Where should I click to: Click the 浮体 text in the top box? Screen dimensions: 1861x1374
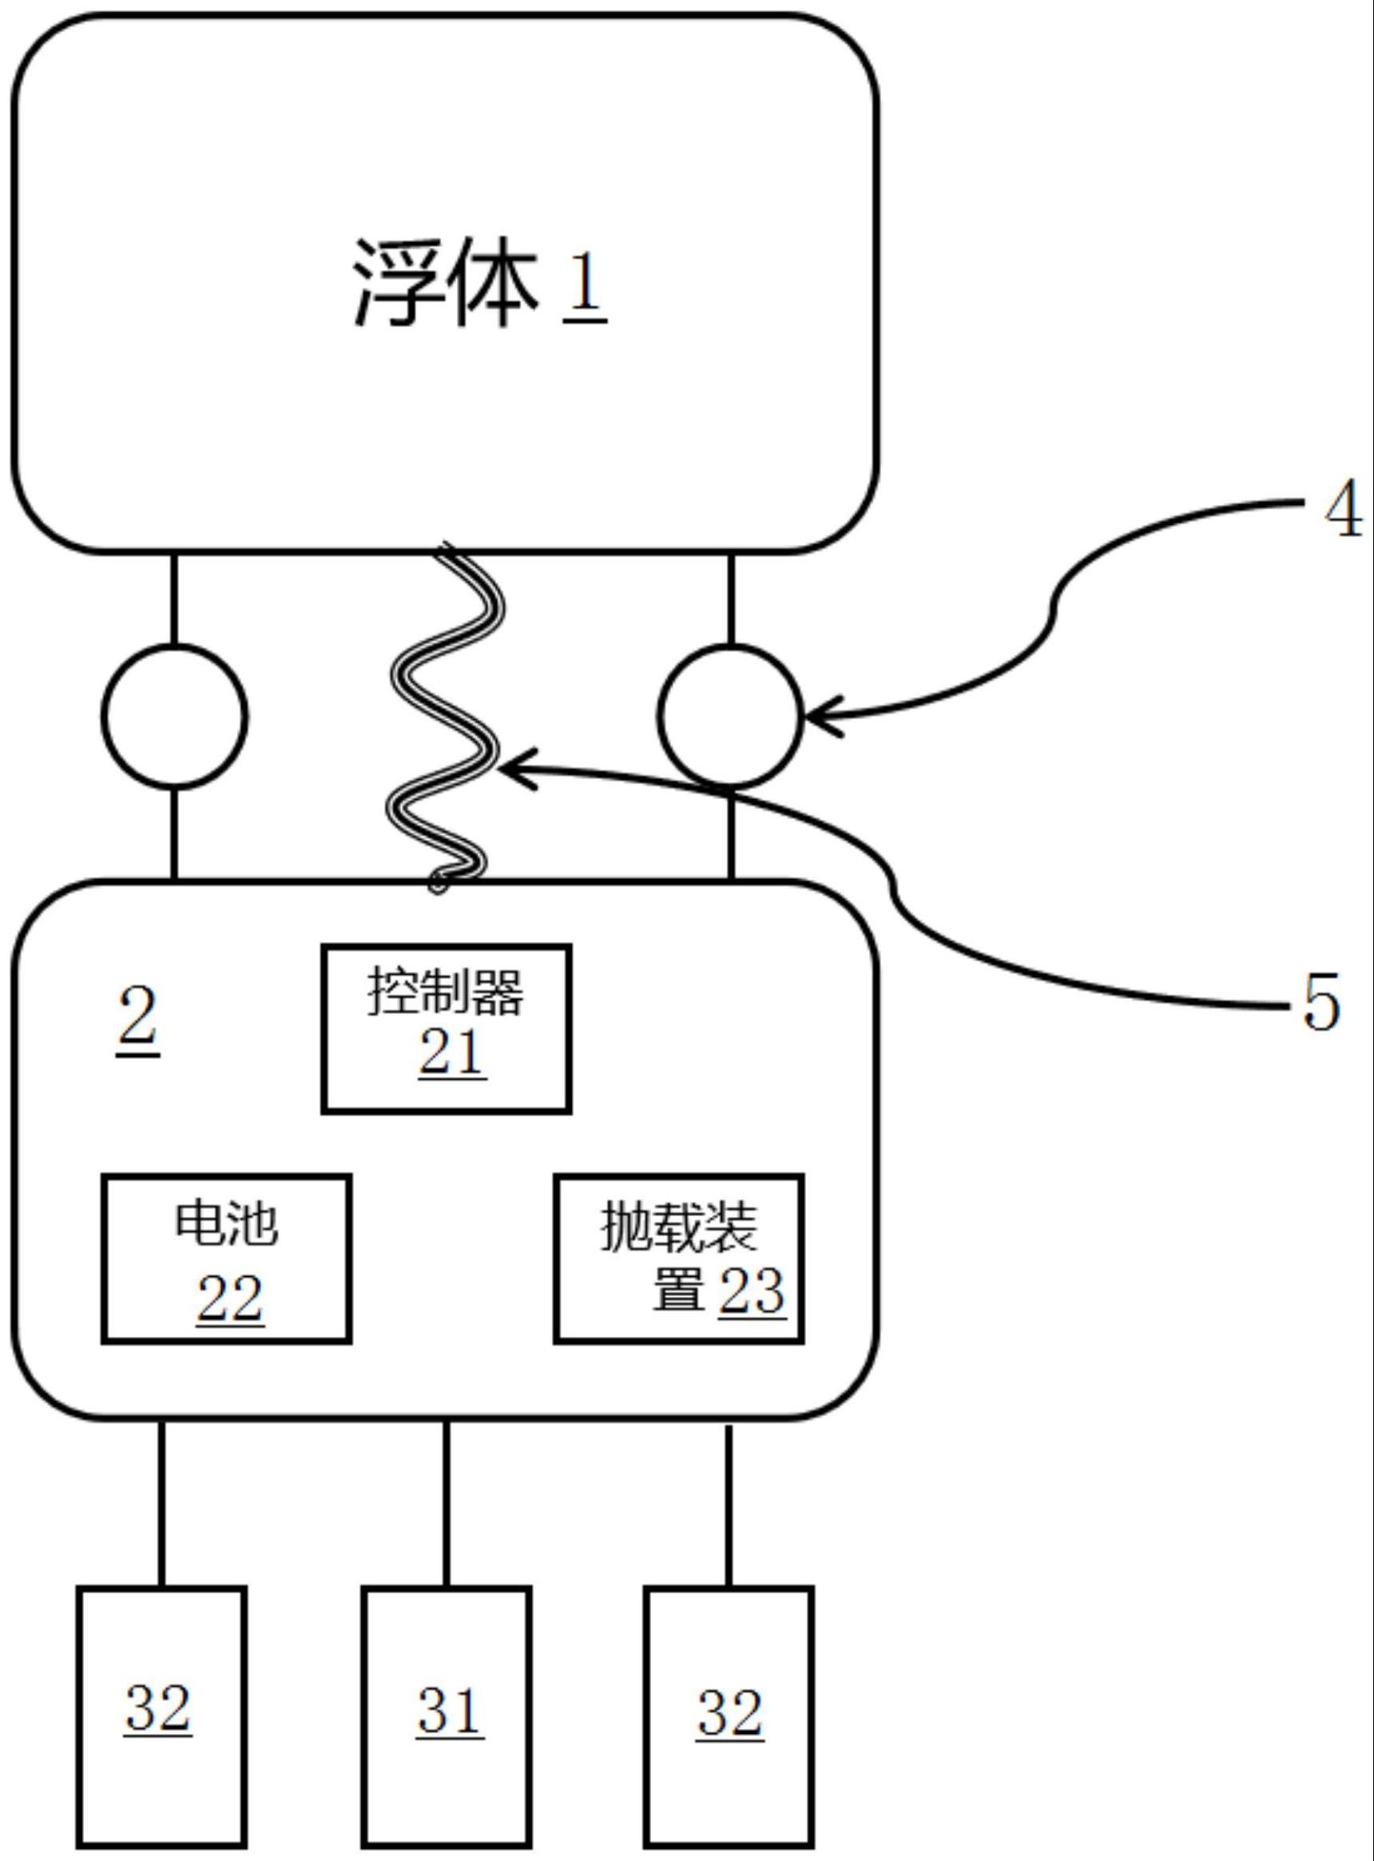coord(445,285)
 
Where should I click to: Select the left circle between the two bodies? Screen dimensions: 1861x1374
coord(175,715)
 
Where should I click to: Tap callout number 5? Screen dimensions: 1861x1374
coord(1320,1003)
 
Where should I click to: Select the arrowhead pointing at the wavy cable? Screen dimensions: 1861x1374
coord(516,768)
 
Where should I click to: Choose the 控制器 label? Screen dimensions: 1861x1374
coord(446,992)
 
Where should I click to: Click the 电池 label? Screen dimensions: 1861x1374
coord(226,1223)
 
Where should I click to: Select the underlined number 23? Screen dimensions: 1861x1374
coord(751,1290)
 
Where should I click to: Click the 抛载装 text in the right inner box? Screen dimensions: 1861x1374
coord(679,1228)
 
